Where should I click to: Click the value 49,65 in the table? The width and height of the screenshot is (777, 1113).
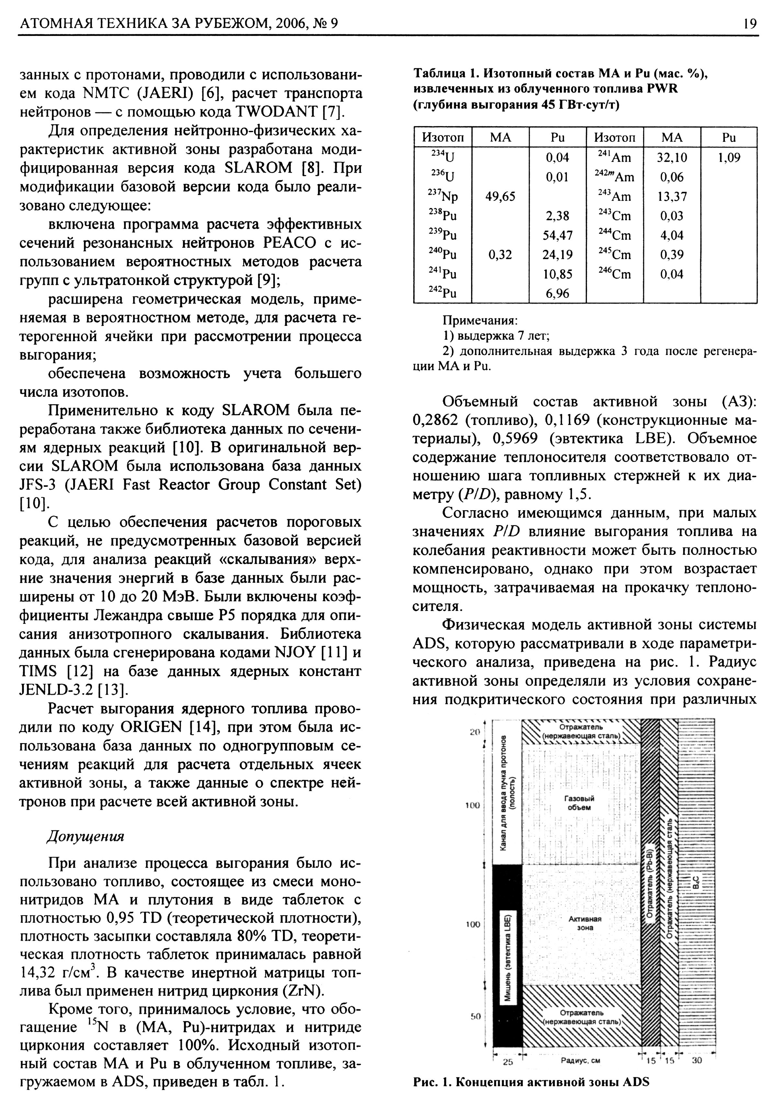tap(501, 196)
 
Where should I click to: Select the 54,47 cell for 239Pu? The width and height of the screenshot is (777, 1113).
tap(557, 235)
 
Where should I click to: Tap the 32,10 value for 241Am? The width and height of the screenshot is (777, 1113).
tap(672, 157)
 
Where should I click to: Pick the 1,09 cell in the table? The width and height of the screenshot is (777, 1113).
tap(728, 157)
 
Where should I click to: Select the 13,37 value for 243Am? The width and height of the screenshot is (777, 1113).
tap(672, 196)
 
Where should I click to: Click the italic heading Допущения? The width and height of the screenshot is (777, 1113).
tap(85, 836)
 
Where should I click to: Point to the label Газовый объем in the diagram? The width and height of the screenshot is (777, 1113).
tap(580, 803)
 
